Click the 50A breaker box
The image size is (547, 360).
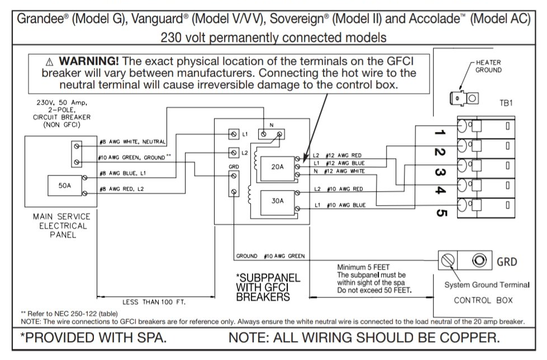tap(65, 185)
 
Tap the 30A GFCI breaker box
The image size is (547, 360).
tap(278, 201)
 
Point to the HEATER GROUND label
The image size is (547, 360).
tap(488, 67)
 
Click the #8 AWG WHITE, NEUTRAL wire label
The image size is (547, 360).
tap(132, 142)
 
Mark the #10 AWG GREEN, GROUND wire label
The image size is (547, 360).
tap(135, 158)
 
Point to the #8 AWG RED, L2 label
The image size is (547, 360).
tap(121, 190)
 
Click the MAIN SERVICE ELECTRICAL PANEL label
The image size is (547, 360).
tap(60, 225)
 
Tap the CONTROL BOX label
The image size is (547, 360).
tap(483, 300)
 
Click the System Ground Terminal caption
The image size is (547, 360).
tap(486, 285)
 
